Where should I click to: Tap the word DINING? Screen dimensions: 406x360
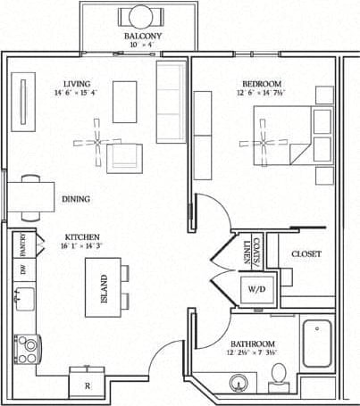(75, 199)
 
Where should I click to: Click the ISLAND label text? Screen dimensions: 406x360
(104, 288)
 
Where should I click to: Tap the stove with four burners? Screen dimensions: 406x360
(27, 344)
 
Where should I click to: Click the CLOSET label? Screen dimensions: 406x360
(306, 254)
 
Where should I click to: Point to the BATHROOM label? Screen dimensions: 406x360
(252, 344)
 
